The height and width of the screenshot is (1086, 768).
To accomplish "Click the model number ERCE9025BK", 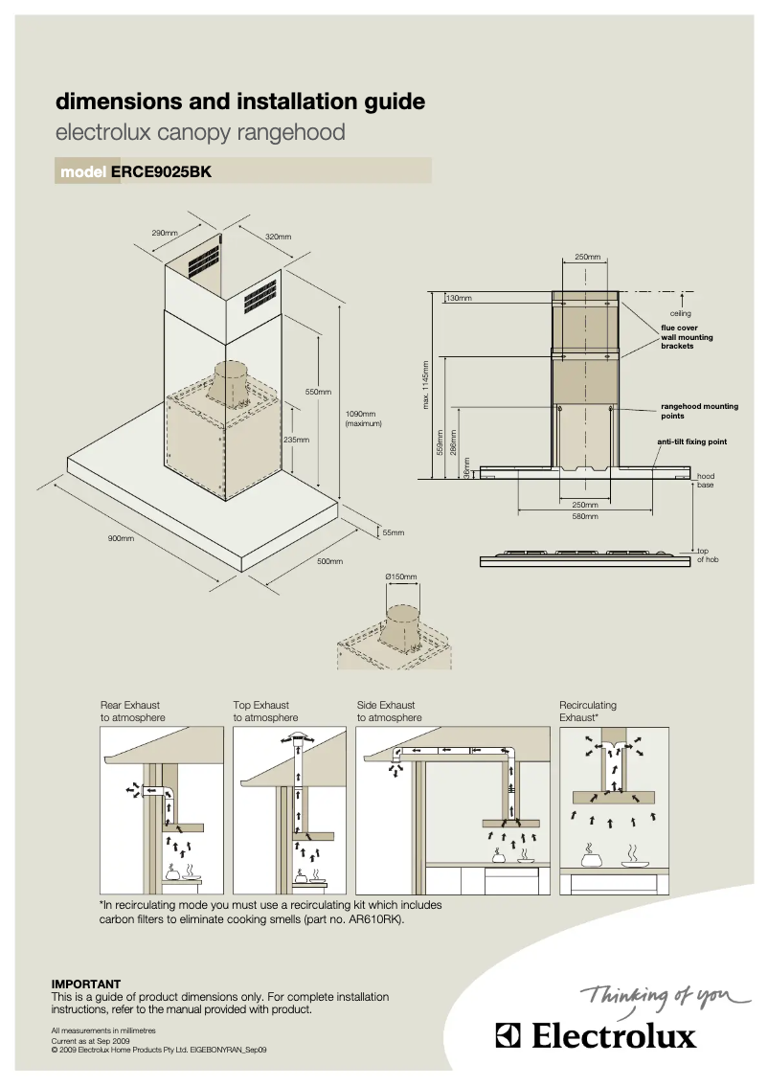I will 161,172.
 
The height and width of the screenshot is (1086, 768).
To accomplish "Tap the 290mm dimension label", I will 165,233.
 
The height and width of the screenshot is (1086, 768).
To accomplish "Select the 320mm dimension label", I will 278,237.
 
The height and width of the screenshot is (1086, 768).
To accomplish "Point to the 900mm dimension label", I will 120,539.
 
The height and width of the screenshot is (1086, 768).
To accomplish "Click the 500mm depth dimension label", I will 329,560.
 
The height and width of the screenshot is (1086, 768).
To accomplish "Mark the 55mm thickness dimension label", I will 394,532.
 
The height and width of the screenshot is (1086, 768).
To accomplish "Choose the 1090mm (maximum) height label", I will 363,419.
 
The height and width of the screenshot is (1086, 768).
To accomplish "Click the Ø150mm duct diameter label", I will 401,577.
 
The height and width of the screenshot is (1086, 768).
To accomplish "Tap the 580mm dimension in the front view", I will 585,516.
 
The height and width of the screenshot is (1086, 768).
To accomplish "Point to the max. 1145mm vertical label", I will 425,383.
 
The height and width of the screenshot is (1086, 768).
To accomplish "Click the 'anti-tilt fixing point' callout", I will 691,441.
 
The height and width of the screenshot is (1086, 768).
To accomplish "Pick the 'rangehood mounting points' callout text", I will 699,411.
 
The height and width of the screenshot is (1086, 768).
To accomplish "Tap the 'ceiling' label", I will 680,313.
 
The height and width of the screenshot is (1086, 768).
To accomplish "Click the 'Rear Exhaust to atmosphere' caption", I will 133,712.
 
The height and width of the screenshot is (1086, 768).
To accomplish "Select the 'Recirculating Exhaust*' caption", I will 587,711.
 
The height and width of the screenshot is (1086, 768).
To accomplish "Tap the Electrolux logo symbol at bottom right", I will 508,1037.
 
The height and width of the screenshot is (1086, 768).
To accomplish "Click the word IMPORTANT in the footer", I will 85,984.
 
